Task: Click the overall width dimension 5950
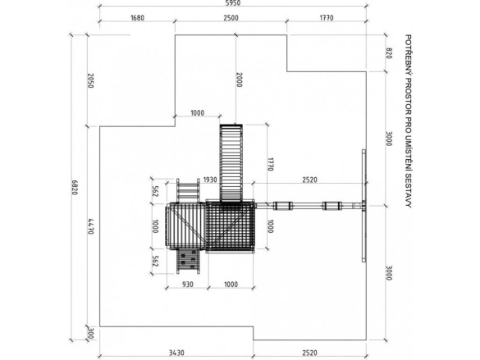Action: (x=233, y=2)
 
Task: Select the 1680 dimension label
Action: (x=138, y=18)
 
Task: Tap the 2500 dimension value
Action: (x=231, y=18)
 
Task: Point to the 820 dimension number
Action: (x=388, y=53)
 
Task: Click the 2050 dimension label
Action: (x=90, y=80)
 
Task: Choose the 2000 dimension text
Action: (x=239, y=80)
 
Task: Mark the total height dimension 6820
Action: (x=75, y=187)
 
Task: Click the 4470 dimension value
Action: (x=90, y=226)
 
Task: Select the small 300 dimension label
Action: (x=90, y=333)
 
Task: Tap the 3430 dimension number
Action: (x=176, y=353)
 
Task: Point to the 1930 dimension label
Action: (x=210, y=180)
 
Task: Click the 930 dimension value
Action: (x=188, y=285)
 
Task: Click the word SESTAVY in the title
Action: (x=408, y=190)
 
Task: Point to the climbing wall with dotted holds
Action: (x=188, y=262)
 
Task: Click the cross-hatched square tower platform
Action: (x=231, y=226)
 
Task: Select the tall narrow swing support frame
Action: (x=363, y=206)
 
